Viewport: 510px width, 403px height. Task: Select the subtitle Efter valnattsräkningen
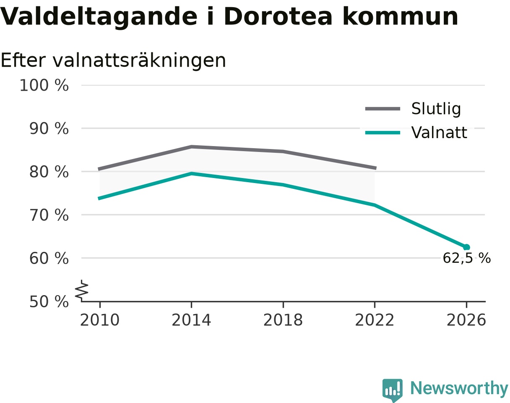pyautogui.click(x=113, y=60)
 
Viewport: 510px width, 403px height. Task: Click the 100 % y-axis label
pyautogui.click(x=44, y=85)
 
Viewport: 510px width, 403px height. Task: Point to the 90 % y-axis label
pyautogui.click(x=49, y=129)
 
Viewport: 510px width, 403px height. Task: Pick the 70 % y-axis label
pyautogui.click(x=49, y=215)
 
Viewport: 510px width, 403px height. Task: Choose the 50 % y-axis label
pyautogui.click(x=49, y=302)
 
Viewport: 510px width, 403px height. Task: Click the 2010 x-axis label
pyautogui.click(x=100, y=320)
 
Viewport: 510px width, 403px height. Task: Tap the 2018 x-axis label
pyautogui.click(x=283, y=320)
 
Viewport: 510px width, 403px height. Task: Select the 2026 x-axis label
pyautogui.click(x=466, y=320)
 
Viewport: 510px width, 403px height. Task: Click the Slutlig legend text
pyautogui.click(x=436, y=109)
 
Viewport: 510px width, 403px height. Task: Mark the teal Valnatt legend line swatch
pyautogui.click(x=382, y=133)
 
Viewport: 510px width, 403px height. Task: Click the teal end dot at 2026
pyautogui.click(x=466, y=247)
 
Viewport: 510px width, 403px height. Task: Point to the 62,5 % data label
pyautogui.click(x=467, y=258)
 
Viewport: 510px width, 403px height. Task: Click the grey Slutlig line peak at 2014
pyautogui.click(x=192, y=147)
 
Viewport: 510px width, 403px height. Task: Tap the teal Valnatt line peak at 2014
pyautogui.click(x=192, y=174)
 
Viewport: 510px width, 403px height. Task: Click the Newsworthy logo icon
pyautogui.click(x=393, y=389)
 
